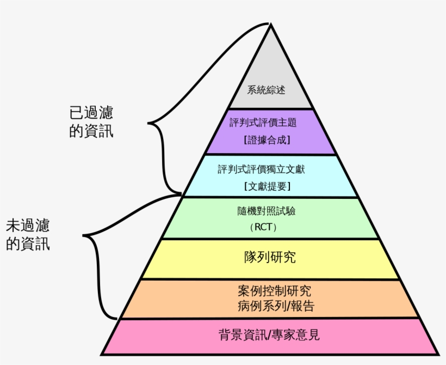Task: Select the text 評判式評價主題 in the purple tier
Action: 270,123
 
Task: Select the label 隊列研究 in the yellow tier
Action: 270,257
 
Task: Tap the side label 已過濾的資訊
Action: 91,121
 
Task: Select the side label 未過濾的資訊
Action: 28,234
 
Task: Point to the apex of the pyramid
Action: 270,25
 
